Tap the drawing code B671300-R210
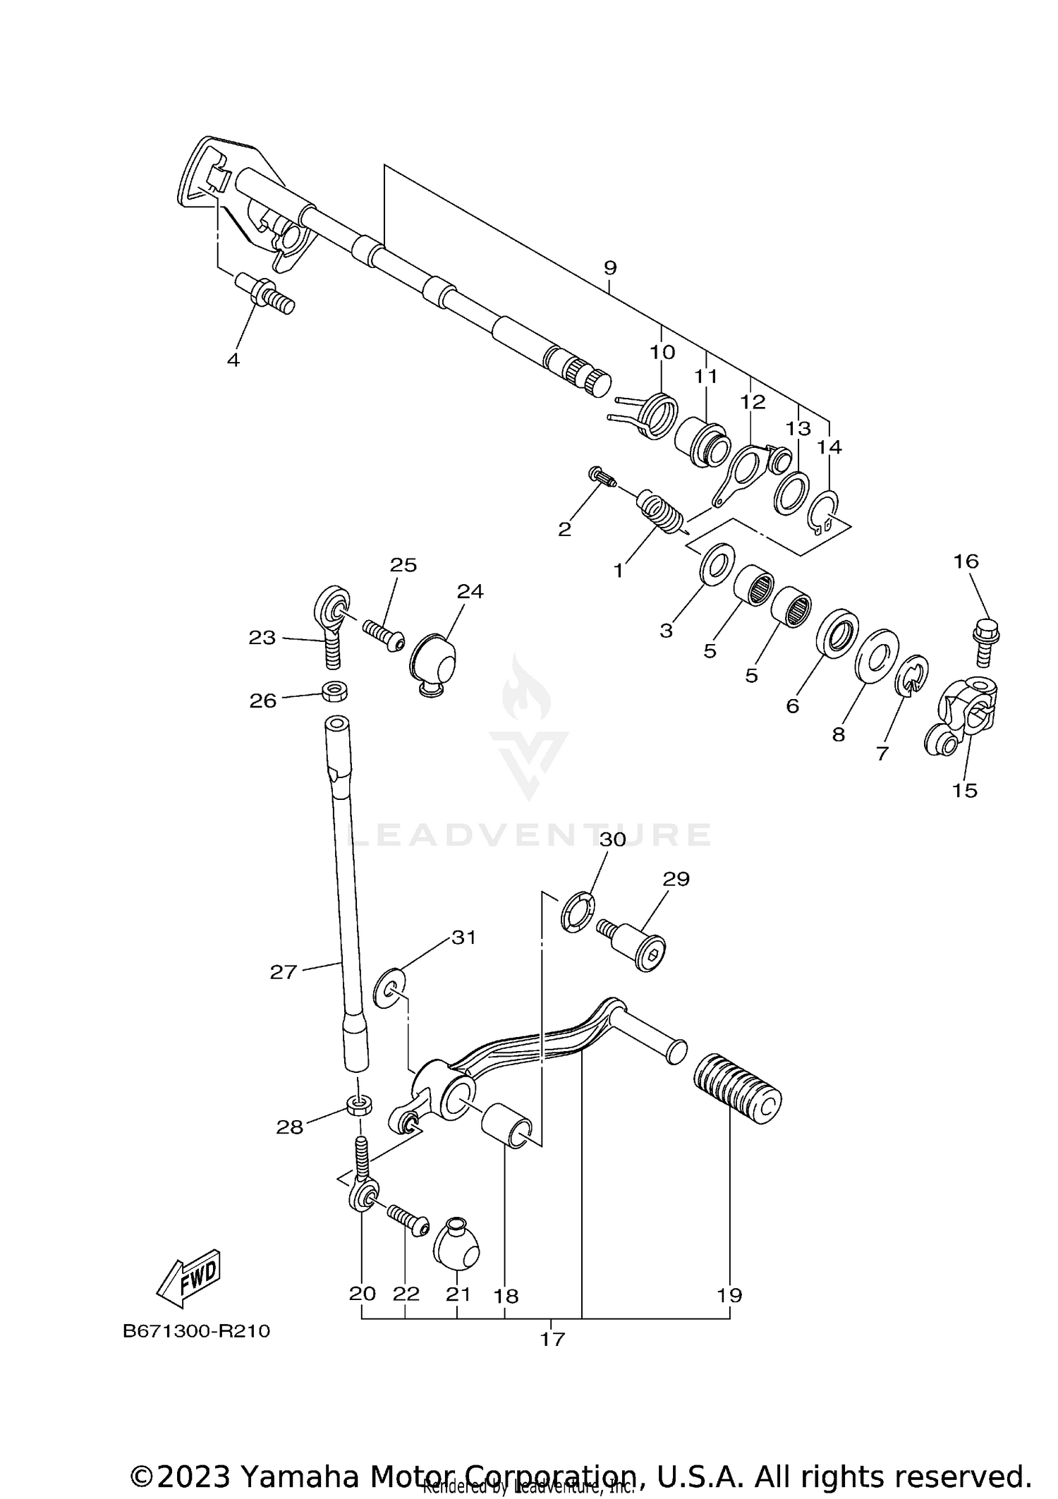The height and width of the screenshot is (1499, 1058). (196, 1331)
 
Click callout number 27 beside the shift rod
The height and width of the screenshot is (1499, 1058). (283, 972)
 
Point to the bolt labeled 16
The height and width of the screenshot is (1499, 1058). (986, 641)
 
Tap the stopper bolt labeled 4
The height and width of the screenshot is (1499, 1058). (270, 294)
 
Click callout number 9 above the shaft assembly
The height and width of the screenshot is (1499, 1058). (610, 268)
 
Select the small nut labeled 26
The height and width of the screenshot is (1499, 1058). (335, 691)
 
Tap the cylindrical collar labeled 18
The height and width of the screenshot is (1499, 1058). (506, 1126)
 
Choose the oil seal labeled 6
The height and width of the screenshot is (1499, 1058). (837, 633)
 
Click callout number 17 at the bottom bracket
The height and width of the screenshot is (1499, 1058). (552, 1339)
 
